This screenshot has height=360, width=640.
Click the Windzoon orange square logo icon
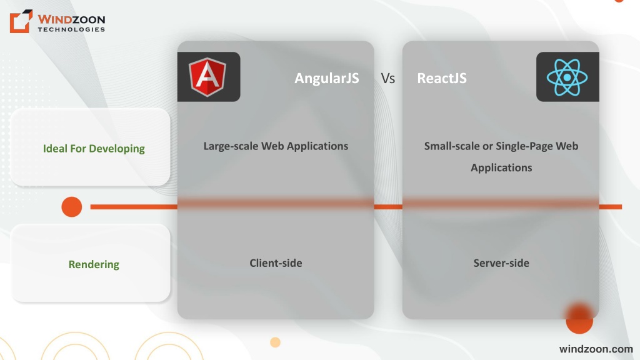(x=21, y=21)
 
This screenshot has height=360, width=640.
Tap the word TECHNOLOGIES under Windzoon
(x=71, y=29)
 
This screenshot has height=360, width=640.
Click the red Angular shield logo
(x=207, y=77)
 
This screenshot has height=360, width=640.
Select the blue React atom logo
(x=567, y=77)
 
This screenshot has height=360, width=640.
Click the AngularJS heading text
(x=326, y=78)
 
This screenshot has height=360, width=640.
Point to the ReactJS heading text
(x=442, y=78)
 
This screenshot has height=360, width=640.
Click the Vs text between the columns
(x=387, y=78)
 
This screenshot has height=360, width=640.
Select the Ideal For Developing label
(x=94, y=149)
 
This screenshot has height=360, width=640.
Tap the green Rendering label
(x=94, y=264)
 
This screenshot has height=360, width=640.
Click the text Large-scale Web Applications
(x=276, y=146)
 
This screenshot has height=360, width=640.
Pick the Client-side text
(x=276, y=263)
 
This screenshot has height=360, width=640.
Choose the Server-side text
(x=501, y=263)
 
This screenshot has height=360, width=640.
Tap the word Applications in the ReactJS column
(x=501, y=167)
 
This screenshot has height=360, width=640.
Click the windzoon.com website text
(x=596, y=349)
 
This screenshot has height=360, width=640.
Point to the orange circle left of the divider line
(x=72, y=207)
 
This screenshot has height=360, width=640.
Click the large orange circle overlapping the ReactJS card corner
(x=579, y=319)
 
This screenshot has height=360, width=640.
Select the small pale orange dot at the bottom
(x=275, y=342)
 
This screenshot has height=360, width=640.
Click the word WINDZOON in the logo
(x=71, y=19)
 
